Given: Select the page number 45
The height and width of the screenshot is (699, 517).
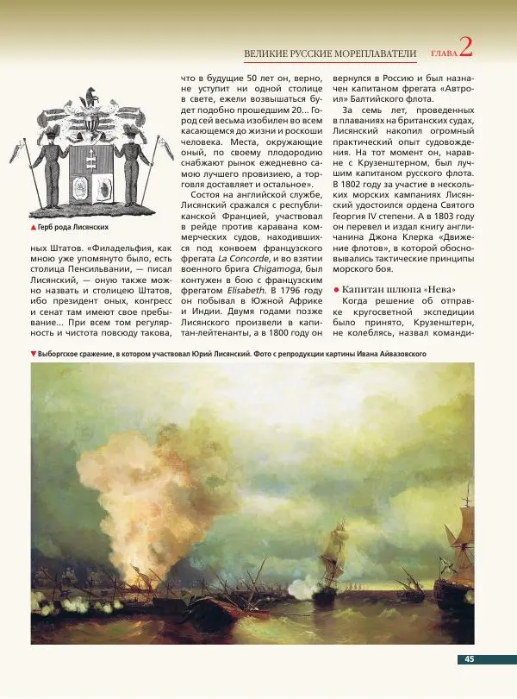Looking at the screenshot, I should pyautogui.click(x=470, y=659).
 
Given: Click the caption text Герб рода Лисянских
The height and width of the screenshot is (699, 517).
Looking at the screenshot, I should pyautogui.click(x=72, y=227).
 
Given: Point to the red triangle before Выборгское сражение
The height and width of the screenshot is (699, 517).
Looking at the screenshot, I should pyautogui.click(x=33, y=354).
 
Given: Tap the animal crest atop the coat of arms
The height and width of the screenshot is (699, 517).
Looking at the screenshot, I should pyautogui.click(x=90, y=97).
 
